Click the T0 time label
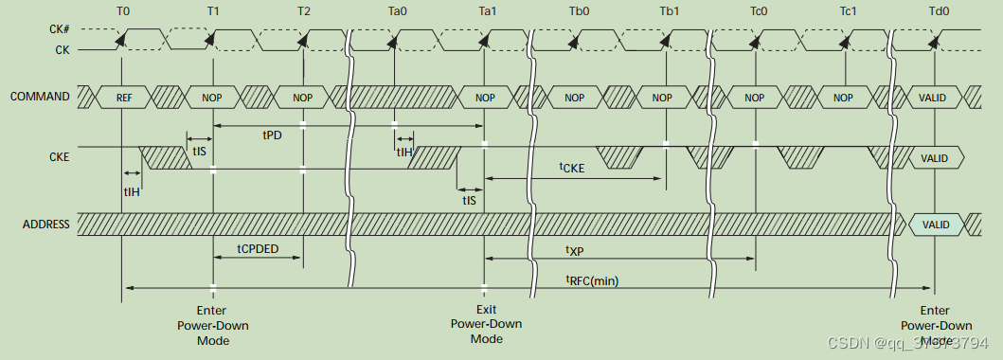click(x=121, y=11)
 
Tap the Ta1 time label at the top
click(x=485, y=11)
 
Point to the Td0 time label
click(x=936, y=11)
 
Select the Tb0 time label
click(x=576, y=11)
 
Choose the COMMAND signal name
click(x=39, y=97)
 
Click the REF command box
click(x=123, y=98)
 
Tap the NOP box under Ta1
click(x=485, y=98)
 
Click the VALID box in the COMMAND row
click(x=935, y=98)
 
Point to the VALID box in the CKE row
click(x=935, y=159)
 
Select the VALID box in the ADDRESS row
click(x=935, y=225)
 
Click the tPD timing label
click(x=272, y=135)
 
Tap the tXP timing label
click(x=575, y=250)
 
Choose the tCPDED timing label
click(x=258, y=248)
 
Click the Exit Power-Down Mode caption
click(x=486, y=324)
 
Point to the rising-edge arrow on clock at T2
click(x=303, y=39)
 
